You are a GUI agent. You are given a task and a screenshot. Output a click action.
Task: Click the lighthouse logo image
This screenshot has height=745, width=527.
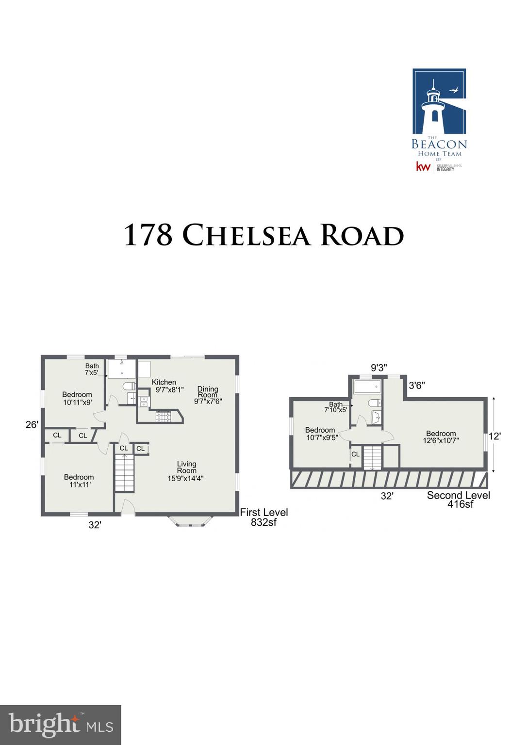coord(439,101)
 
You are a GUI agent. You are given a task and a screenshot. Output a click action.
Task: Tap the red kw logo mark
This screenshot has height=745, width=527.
coord(423,167)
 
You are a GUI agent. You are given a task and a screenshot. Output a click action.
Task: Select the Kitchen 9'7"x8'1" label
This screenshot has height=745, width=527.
coord(168,386)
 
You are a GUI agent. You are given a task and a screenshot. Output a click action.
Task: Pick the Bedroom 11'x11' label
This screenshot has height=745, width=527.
coord(79,481)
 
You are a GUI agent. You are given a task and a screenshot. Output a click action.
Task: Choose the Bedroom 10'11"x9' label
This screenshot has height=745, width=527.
coord(77,398)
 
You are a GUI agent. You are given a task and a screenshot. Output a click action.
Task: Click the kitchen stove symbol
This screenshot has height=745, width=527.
coord(163,416)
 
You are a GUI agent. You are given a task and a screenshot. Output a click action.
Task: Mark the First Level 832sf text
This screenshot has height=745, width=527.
coord(263,517)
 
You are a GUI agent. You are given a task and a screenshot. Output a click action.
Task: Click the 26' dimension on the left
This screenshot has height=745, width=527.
coord(32,425)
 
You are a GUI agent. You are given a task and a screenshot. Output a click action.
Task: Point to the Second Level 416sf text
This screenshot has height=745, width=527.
coord(459,499)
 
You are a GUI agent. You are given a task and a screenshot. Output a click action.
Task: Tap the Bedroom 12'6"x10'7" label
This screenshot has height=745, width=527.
coord(441,437)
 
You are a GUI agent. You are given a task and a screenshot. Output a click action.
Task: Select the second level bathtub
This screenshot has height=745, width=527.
coord(367,387)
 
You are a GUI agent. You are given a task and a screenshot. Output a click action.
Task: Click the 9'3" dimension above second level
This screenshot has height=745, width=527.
coord(379,368)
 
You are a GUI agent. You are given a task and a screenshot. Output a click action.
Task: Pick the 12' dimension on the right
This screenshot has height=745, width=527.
coord(494,436)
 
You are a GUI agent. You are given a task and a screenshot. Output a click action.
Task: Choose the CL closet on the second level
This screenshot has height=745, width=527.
coord(355,454)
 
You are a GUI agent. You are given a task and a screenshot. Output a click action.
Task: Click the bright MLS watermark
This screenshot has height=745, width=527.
coord(61,725)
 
